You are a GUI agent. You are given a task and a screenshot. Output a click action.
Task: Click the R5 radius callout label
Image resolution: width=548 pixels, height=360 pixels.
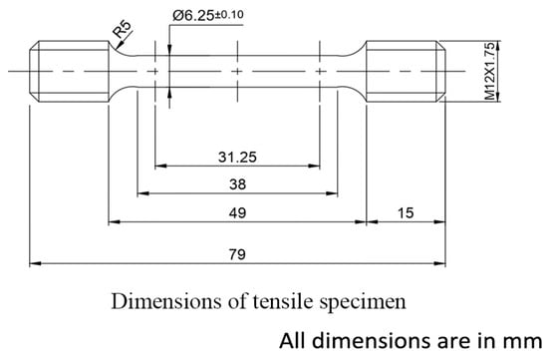123,29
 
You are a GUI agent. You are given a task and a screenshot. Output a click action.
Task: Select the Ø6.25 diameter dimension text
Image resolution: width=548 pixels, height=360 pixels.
193,16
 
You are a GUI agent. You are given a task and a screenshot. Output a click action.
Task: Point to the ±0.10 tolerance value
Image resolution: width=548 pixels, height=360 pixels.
229,15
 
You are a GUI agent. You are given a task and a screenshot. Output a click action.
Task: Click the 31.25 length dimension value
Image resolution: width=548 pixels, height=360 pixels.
237,158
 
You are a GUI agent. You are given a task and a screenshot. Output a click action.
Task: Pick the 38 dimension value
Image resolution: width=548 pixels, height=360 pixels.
238,184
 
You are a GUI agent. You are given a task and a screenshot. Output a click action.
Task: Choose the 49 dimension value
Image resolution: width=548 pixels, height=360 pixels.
237,212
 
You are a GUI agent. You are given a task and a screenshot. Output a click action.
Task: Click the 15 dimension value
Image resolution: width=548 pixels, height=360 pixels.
406,212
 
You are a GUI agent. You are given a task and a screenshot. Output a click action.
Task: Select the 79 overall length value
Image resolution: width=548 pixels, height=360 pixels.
237,254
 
